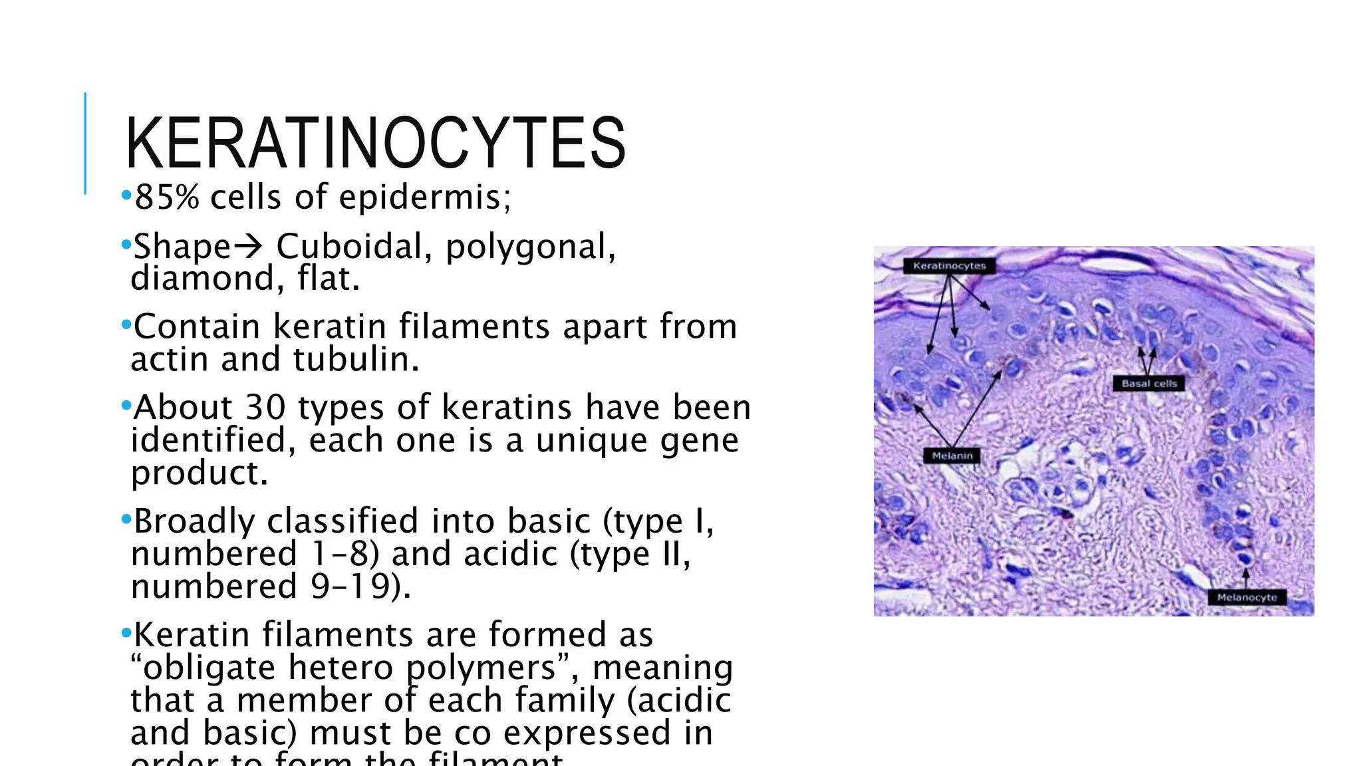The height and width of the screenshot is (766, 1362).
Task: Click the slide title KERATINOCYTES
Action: point(376,144)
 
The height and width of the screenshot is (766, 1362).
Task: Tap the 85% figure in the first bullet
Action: point(166,197)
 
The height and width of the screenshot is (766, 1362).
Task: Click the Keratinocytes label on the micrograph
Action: point(949,266)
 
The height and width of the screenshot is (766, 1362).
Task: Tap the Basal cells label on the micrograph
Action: point(1149,384)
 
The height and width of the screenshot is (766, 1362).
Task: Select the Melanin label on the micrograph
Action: point(952,456)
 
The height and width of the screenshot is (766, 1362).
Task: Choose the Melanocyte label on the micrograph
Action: point(1246,598)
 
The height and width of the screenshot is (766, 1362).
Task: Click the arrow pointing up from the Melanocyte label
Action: point(1246,577)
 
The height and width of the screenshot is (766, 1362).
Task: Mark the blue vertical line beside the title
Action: point(85,144)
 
